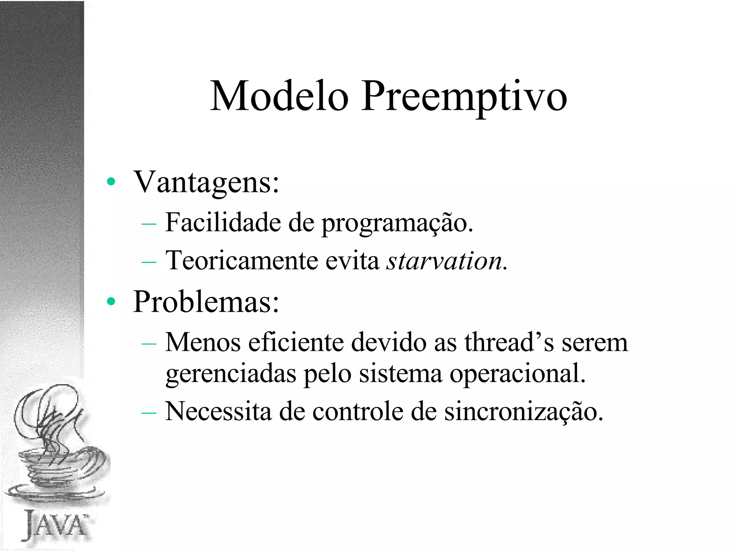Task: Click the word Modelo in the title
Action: coord(279,96)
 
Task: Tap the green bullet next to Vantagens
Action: coord(111,182)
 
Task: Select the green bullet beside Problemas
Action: coord(111,302)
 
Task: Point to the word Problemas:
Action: coord(206,302)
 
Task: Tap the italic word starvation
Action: coord(444,261)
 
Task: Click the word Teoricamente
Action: coord(241,260)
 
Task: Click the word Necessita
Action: coord(218,411)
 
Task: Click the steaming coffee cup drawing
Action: coord(57,445)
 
